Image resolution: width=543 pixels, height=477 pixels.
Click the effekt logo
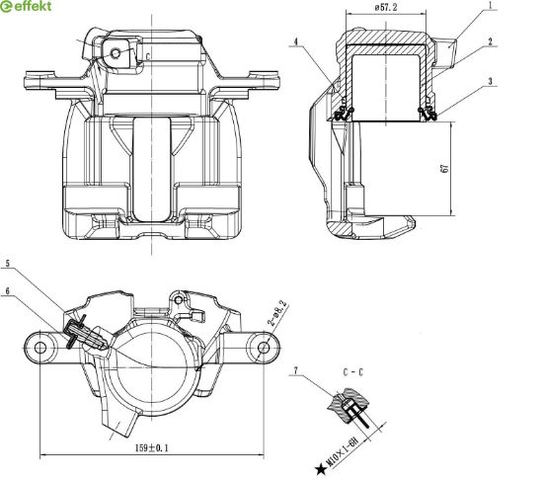26,7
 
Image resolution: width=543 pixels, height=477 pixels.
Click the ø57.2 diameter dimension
386,8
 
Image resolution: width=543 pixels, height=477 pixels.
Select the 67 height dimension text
445,168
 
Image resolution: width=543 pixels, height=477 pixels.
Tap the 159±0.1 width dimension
152,448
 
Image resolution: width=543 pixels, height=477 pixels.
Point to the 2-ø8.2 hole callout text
277,313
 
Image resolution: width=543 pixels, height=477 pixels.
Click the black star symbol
321,469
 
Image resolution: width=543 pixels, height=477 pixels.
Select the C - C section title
353,372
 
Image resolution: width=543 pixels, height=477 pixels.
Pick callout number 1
491,5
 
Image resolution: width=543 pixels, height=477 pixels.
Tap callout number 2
490,41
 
